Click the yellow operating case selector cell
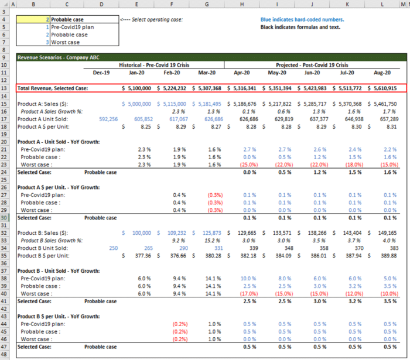click(33, 19)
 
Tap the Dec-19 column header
click(101, 73)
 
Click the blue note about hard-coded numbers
click(302, 19)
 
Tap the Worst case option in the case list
click(65, 42)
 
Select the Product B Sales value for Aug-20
click(384, 232)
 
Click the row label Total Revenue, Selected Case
click(53, 88)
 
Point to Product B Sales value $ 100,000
click(141, 232)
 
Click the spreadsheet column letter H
click(241, 4)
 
